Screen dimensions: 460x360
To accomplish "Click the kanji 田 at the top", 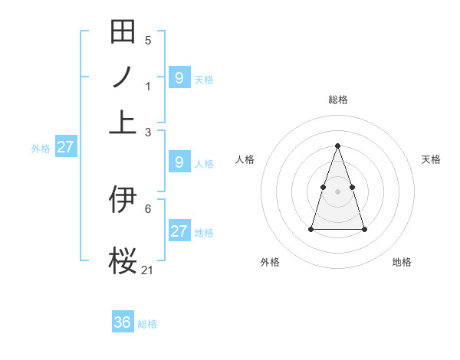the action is pyautogui.click(x=123, y=32).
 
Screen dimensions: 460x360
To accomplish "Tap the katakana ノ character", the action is pyautogui.click(x=123, y=77).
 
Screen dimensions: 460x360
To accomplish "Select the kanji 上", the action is pyautogui.click(x=123, y=123).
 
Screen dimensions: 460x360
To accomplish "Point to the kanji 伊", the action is pyautogui.click(x=123, y=200).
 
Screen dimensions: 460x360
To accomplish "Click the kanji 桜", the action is pyautogui.click(x=123, y=260).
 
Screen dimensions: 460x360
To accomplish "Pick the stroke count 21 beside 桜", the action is pyautogui.click(x=148, y=270).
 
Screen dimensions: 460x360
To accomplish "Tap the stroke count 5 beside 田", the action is pyautogui.click(x=148, y=41).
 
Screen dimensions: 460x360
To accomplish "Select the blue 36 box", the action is pyautogui.click(x=123, y=322).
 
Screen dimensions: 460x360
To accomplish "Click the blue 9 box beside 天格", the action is pyautogui.click(x=179, y=77).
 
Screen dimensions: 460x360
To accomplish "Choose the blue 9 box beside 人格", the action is pyautogui.click(x=179, y=162).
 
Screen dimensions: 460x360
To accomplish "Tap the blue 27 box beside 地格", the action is pyautogui.click(x=179, y=231).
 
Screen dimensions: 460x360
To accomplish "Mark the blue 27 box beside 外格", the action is pyautogui.click(x=65, y=147).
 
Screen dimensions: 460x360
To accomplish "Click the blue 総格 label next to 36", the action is pyautogui.click(x=147, y=324).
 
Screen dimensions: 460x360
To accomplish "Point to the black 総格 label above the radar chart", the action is pyautogui.click(x=337, y=100).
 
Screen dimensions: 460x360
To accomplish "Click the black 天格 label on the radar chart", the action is pyautogui.click(x=431, y=159).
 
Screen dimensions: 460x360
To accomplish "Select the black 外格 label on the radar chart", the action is pyautogui.click(x=270, y=262).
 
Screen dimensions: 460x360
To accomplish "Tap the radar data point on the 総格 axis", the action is pyautogui.click(x=337, y=146).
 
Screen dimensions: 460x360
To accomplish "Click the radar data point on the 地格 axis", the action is pyautogui.click(x=364, y=229).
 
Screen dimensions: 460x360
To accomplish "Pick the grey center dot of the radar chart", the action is pyautogui.click(x=337, y=191).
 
